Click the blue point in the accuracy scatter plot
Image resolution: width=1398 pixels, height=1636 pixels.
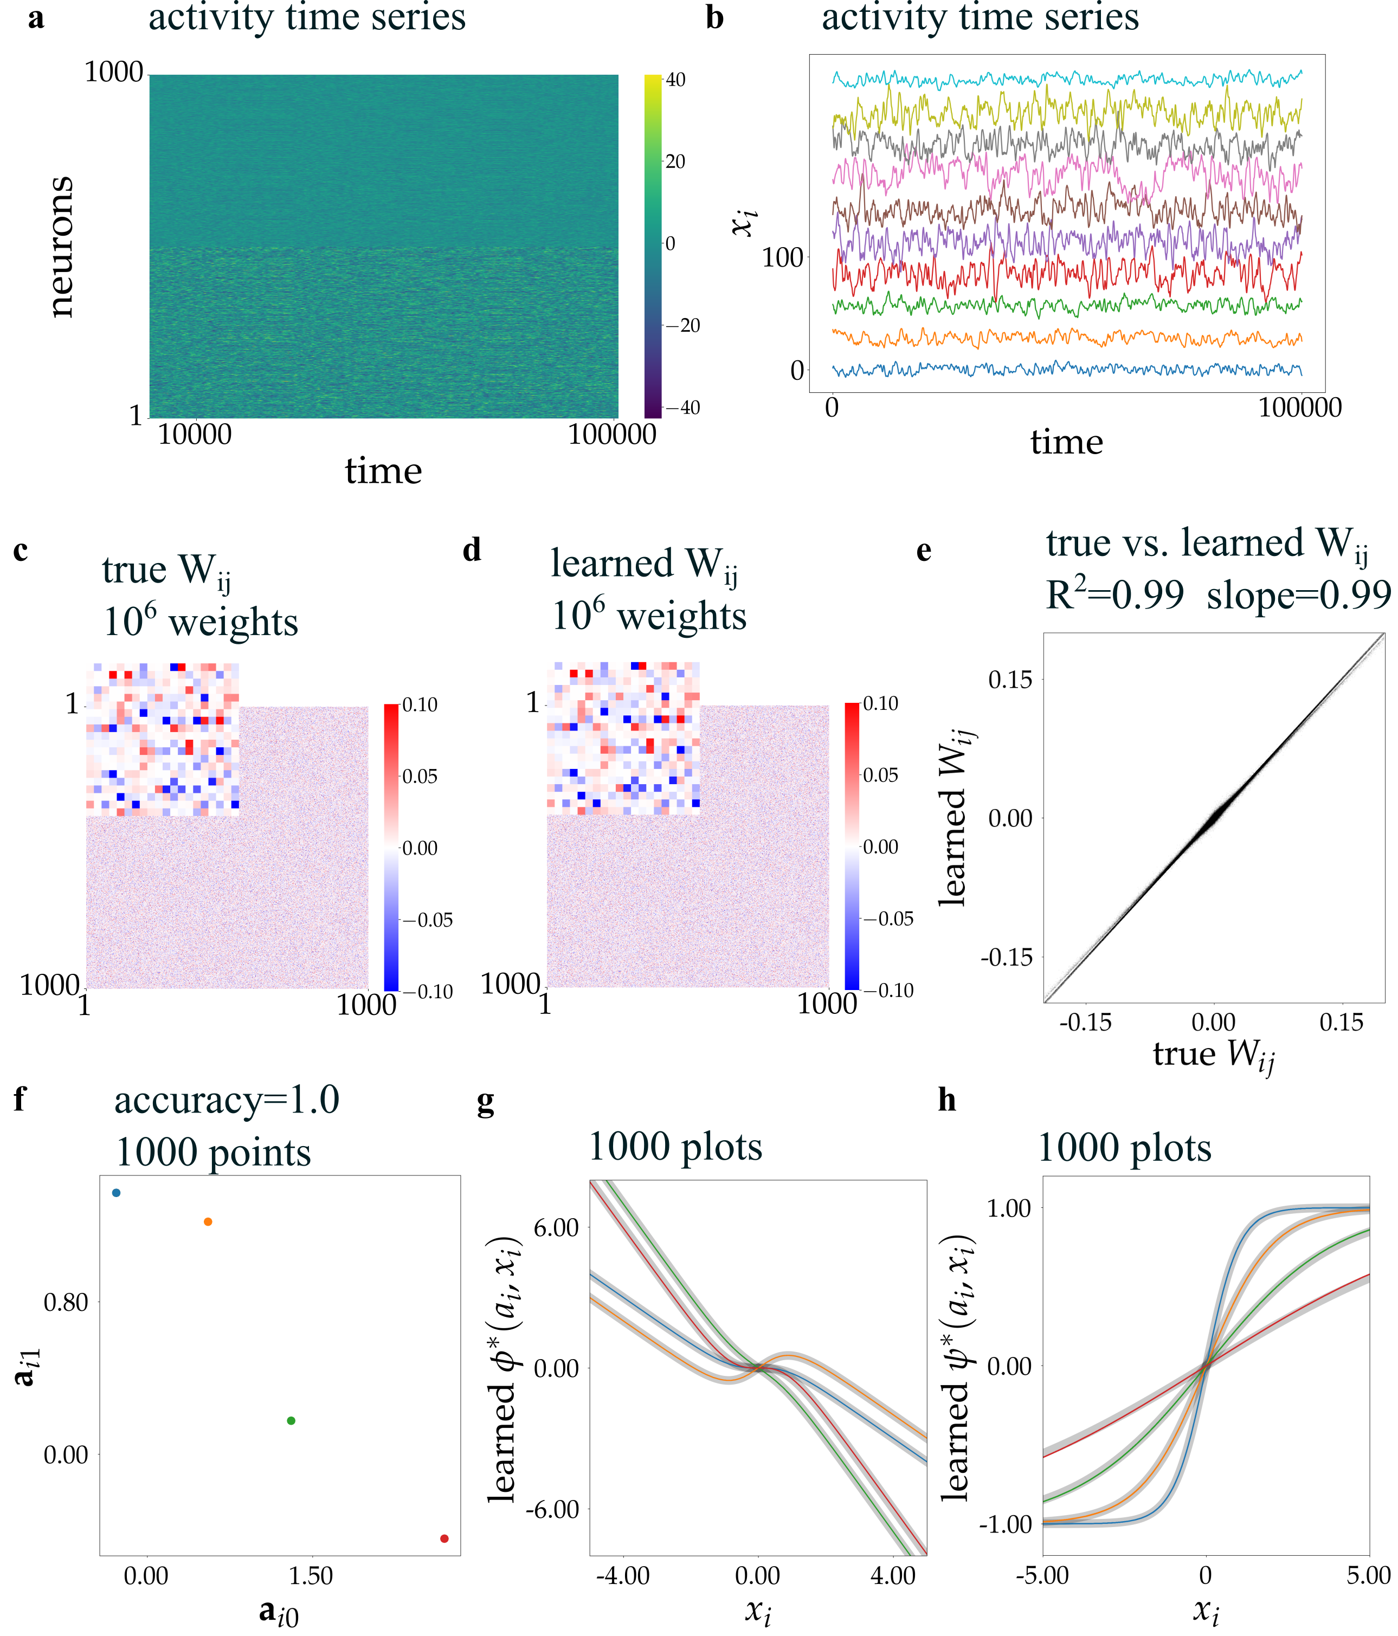(x=116, y=1192)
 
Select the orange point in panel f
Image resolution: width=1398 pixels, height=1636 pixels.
(x=208, y=1221)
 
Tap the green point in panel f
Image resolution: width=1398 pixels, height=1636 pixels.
(x=291, y=1420)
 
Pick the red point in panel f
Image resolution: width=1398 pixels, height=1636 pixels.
(x=444, y=1538)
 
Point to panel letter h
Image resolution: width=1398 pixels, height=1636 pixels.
(x=947, y=1100)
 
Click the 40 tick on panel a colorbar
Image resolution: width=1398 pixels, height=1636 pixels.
(x=675, y=80)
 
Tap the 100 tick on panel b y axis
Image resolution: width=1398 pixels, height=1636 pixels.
(x=782, y=257)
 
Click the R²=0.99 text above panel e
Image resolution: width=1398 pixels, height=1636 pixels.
(x=1114, y=594)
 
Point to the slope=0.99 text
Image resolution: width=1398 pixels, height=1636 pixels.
(x=1298, y=594)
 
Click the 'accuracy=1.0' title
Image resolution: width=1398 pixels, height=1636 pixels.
(x=227, y=1100)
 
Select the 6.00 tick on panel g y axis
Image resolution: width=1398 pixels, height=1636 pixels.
(x=556, y=1228)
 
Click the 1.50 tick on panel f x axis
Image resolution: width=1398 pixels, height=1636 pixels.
(x=311, y=1575)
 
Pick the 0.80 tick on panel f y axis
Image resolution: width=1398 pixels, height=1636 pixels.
(x=66, y=1302)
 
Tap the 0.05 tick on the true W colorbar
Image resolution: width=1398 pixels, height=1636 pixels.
(x=420, y=776)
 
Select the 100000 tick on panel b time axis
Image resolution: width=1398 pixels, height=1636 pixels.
(x=1299, y=408)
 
